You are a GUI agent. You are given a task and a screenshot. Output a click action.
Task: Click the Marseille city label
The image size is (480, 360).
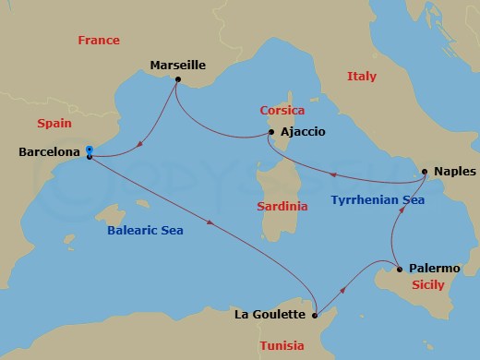coord(177,65)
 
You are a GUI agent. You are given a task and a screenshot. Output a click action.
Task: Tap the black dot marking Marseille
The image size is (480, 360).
coord(176,78)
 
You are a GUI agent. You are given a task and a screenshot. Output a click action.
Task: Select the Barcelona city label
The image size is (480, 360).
coord(49,155)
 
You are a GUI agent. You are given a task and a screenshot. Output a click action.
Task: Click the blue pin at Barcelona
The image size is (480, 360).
coord(89,150)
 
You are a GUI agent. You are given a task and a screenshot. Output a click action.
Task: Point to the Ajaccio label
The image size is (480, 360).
coord(303,132)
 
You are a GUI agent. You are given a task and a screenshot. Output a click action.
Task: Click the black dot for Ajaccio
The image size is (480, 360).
coord(270,132)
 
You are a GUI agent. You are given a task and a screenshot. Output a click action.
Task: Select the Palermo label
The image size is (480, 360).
coord(435,269)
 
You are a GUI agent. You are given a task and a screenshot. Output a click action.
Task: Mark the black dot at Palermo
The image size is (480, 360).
coord(399,270)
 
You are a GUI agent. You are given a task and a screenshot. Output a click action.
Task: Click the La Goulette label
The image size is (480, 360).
coord(270,315)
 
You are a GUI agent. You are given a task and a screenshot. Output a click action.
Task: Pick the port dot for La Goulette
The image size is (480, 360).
coord(316,315)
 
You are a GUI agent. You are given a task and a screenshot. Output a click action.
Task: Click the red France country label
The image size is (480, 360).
coord(100,41)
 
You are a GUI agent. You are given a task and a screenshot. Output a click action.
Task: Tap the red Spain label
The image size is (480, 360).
coord(54,123)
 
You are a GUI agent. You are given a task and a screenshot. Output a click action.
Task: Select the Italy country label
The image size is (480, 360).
coord(362,77)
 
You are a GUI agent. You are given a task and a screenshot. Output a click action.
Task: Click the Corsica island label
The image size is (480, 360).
coord(281,110)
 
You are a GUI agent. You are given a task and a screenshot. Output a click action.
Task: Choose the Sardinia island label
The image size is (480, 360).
coord(282,207)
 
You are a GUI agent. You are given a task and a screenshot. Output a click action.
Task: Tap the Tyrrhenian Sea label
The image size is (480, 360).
coord(377,199)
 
